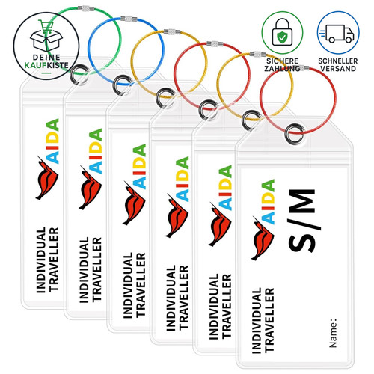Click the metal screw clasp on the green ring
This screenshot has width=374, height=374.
click(86, 9)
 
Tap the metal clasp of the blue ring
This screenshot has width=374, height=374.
click(129, 19)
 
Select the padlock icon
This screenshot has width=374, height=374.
click(282, 32)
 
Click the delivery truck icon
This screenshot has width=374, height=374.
click(337, 34)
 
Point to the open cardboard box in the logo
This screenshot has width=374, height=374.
click(46, 40)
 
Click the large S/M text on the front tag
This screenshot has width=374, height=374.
click(301, 221)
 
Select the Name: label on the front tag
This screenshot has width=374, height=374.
click(333, 333)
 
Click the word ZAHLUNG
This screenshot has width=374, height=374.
click(282, 68)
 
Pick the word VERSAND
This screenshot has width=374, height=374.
click(338, 68)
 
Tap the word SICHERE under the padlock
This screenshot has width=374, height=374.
click(282, 61)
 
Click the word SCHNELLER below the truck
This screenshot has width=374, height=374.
click(338, 61)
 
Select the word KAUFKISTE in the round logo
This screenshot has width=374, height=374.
click(46, 65)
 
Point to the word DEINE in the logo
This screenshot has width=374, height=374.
click(46, 58)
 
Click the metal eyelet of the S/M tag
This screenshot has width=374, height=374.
click(295, 134)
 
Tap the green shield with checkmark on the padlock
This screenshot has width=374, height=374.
click(282, 37)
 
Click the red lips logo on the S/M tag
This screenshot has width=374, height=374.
click(263, 238)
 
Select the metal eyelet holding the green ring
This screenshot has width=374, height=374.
click(79, 75)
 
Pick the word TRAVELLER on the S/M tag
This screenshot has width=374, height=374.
click(269, 320)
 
